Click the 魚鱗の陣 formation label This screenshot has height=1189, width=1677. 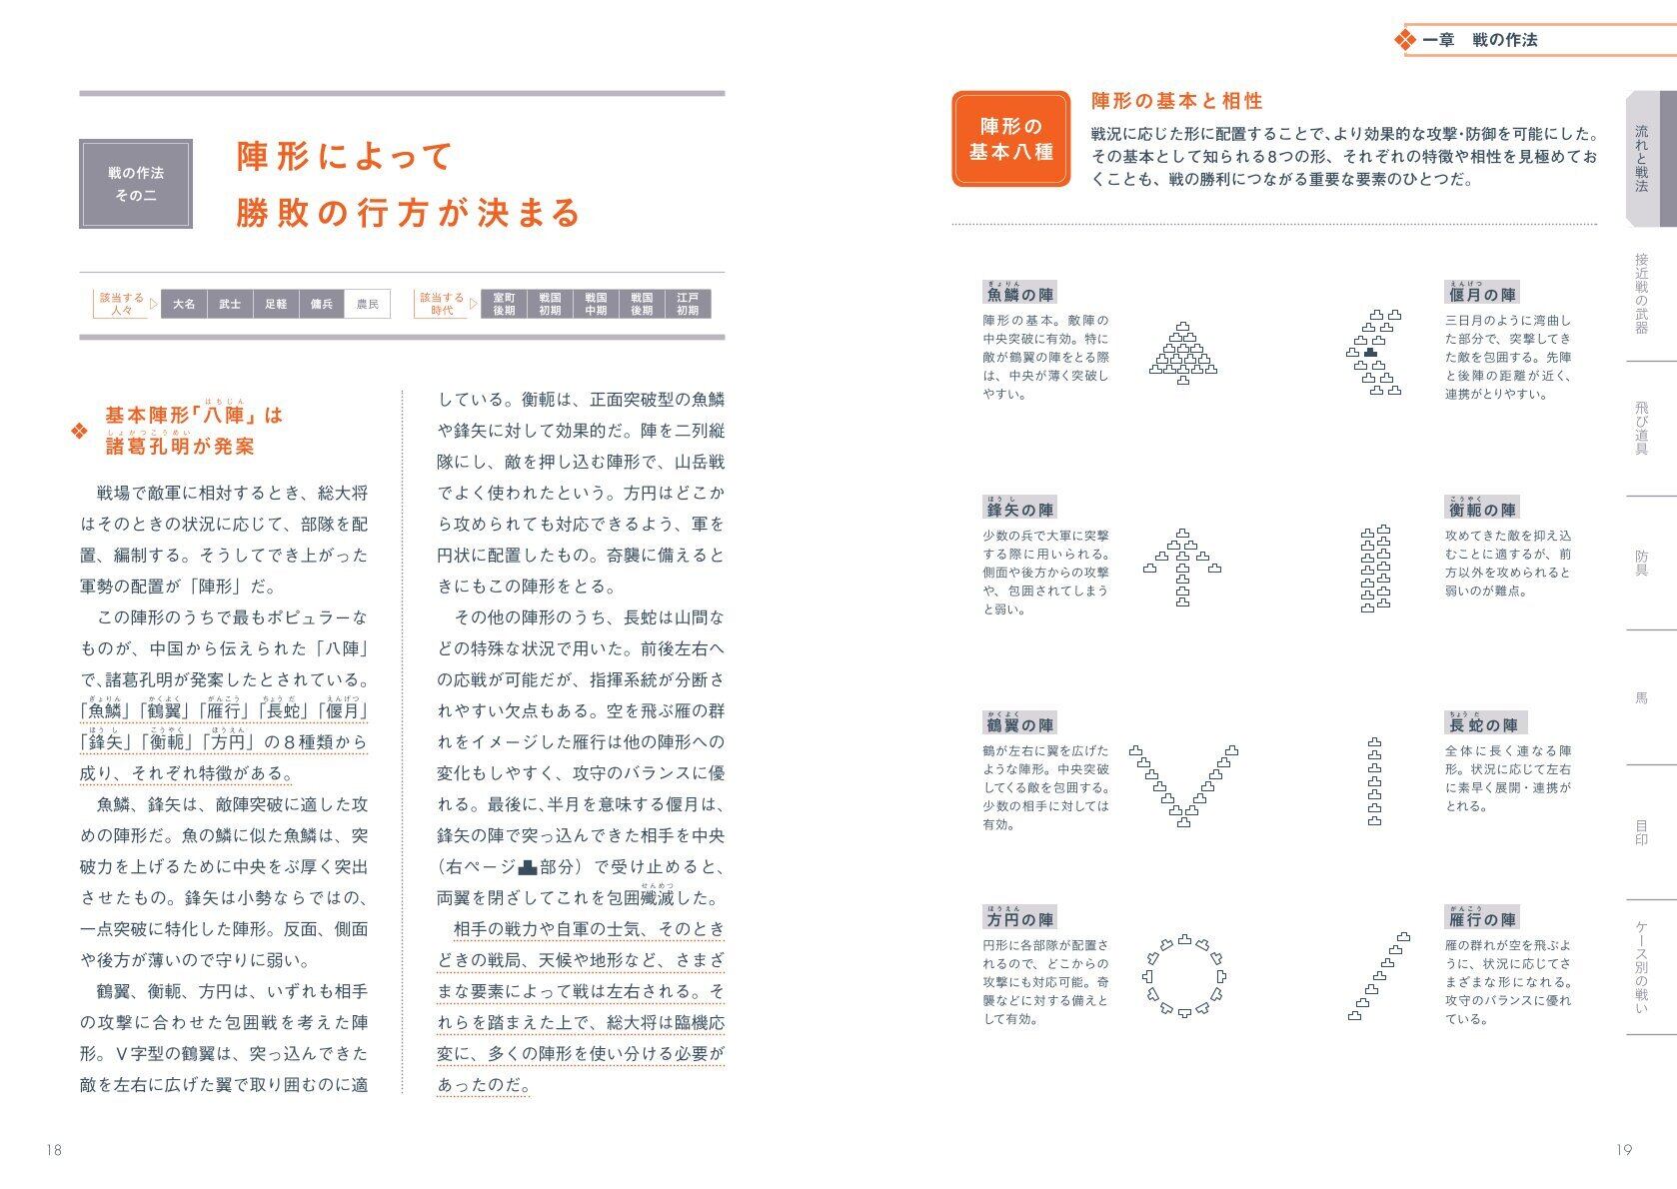(1019, 295)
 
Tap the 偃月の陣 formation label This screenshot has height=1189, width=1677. (1482, 295)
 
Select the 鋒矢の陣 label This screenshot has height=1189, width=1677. (1019, 510)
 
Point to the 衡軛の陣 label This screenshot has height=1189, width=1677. (1482, 510)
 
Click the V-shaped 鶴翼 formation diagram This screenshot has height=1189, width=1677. (1184, 785)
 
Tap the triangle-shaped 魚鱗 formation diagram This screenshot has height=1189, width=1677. (1184, 355)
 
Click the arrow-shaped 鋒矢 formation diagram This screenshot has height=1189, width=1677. (1183, 568)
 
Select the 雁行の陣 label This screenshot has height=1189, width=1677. (1482, 919)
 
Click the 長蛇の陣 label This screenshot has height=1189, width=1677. (1482, 725)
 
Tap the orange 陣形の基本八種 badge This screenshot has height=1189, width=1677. (1010, 139)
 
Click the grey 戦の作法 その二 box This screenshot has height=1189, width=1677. (136, 184)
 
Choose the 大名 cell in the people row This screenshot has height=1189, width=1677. (184, 304)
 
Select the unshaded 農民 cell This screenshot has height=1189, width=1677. (368, 304)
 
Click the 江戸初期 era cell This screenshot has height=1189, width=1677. (688, 304)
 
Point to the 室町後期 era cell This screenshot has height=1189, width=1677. (504, 304)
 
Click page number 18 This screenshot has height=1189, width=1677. (54, 1150)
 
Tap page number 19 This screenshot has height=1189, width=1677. (1623, 1150)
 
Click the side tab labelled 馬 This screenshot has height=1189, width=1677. (1641, 697)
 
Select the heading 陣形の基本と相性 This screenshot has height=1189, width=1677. (1176, 101)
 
